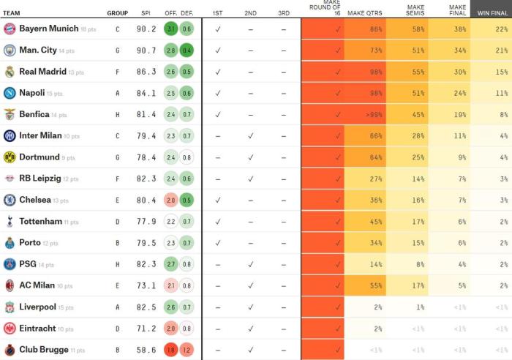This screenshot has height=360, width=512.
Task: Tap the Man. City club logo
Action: point(10,50)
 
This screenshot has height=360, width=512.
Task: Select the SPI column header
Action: point(145,13)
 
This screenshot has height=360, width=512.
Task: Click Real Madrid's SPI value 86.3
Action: point(146,72)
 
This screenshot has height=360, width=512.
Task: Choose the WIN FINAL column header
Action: point(492,13)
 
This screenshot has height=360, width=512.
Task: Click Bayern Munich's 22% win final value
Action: point(502,29)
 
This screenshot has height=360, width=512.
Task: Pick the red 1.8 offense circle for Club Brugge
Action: point(170,350)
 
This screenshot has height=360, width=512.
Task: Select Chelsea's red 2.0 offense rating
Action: point(170,200)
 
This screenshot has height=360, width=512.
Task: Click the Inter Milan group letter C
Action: point(117,136)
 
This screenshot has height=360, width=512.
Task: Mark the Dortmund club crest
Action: point(10,157)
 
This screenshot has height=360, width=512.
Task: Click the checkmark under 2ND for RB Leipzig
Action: point(250,179)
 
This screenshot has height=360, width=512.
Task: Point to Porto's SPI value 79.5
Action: point(146,243)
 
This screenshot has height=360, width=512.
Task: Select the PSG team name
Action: point(27,264)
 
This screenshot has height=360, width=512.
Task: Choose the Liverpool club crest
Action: point(10,307)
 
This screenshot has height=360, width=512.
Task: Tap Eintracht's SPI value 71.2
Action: point(146,329)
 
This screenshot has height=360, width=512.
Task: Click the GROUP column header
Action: point(117,13)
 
